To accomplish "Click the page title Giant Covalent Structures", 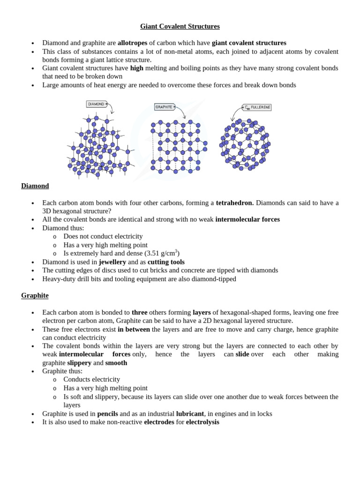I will tap(180, 26).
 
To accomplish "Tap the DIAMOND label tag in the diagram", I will tap(96, 104).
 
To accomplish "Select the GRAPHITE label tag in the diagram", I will tap(164, 107).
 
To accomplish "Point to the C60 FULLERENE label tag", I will tap(257, 107).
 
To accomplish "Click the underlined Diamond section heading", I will tap(35, 186).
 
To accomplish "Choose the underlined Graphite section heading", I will tap(35, 295).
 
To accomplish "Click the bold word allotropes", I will tap(132, 43).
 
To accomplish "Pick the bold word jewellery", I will tap(112, 262).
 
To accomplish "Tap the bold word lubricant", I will tap(190, 413).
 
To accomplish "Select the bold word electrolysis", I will tap(202, 422).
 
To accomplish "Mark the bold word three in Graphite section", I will tap(139, 312).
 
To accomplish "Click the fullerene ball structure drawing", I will tap(245, 144).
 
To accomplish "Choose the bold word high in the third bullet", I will tap(136, 68).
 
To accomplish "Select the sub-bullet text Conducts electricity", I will tap(91, 379).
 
